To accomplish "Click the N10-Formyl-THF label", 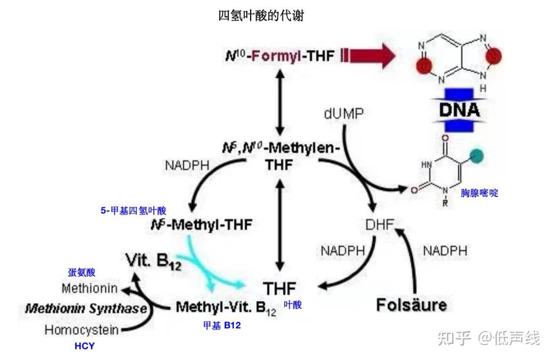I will (x=280, y=56).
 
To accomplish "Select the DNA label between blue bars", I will (x=459, y=109).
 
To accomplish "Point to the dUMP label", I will (x=344, y=114).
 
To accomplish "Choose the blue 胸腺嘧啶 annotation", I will (x=479, y=193).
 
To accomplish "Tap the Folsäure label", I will (x=411, y=305).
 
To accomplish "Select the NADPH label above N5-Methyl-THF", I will (x=187, y=166).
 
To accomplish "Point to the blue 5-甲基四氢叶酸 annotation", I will (x=134, y=211).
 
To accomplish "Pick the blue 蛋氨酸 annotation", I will (x=81, y=273).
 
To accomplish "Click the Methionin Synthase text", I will (x=86, y=309).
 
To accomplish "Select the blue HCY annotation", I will (x=84, y=346).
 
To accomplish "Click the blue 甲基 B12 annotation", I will (x=221, y=326).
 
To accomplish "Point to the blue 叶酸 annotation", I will (x=293, y=305).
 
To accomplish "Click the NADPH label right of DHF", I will (x=445, y=251).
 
